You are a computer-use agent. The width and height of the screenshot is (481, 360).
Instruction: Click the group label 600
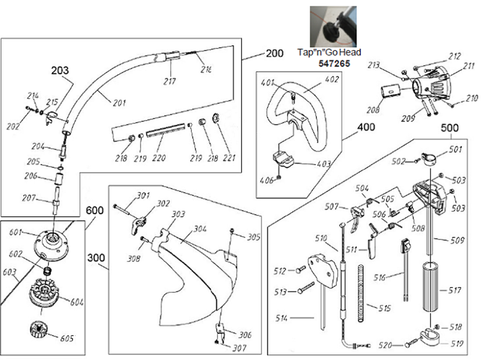tap(95, 211)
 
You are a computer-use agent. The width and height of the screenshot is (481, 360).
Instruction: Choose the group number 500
tap(450, 128)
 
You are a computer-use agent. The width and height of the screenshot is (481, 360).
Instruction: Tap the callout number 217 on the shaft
tap(169, 81)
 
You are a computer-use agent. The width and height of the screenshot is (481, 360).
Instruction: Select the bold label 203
tap(61, 71)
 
